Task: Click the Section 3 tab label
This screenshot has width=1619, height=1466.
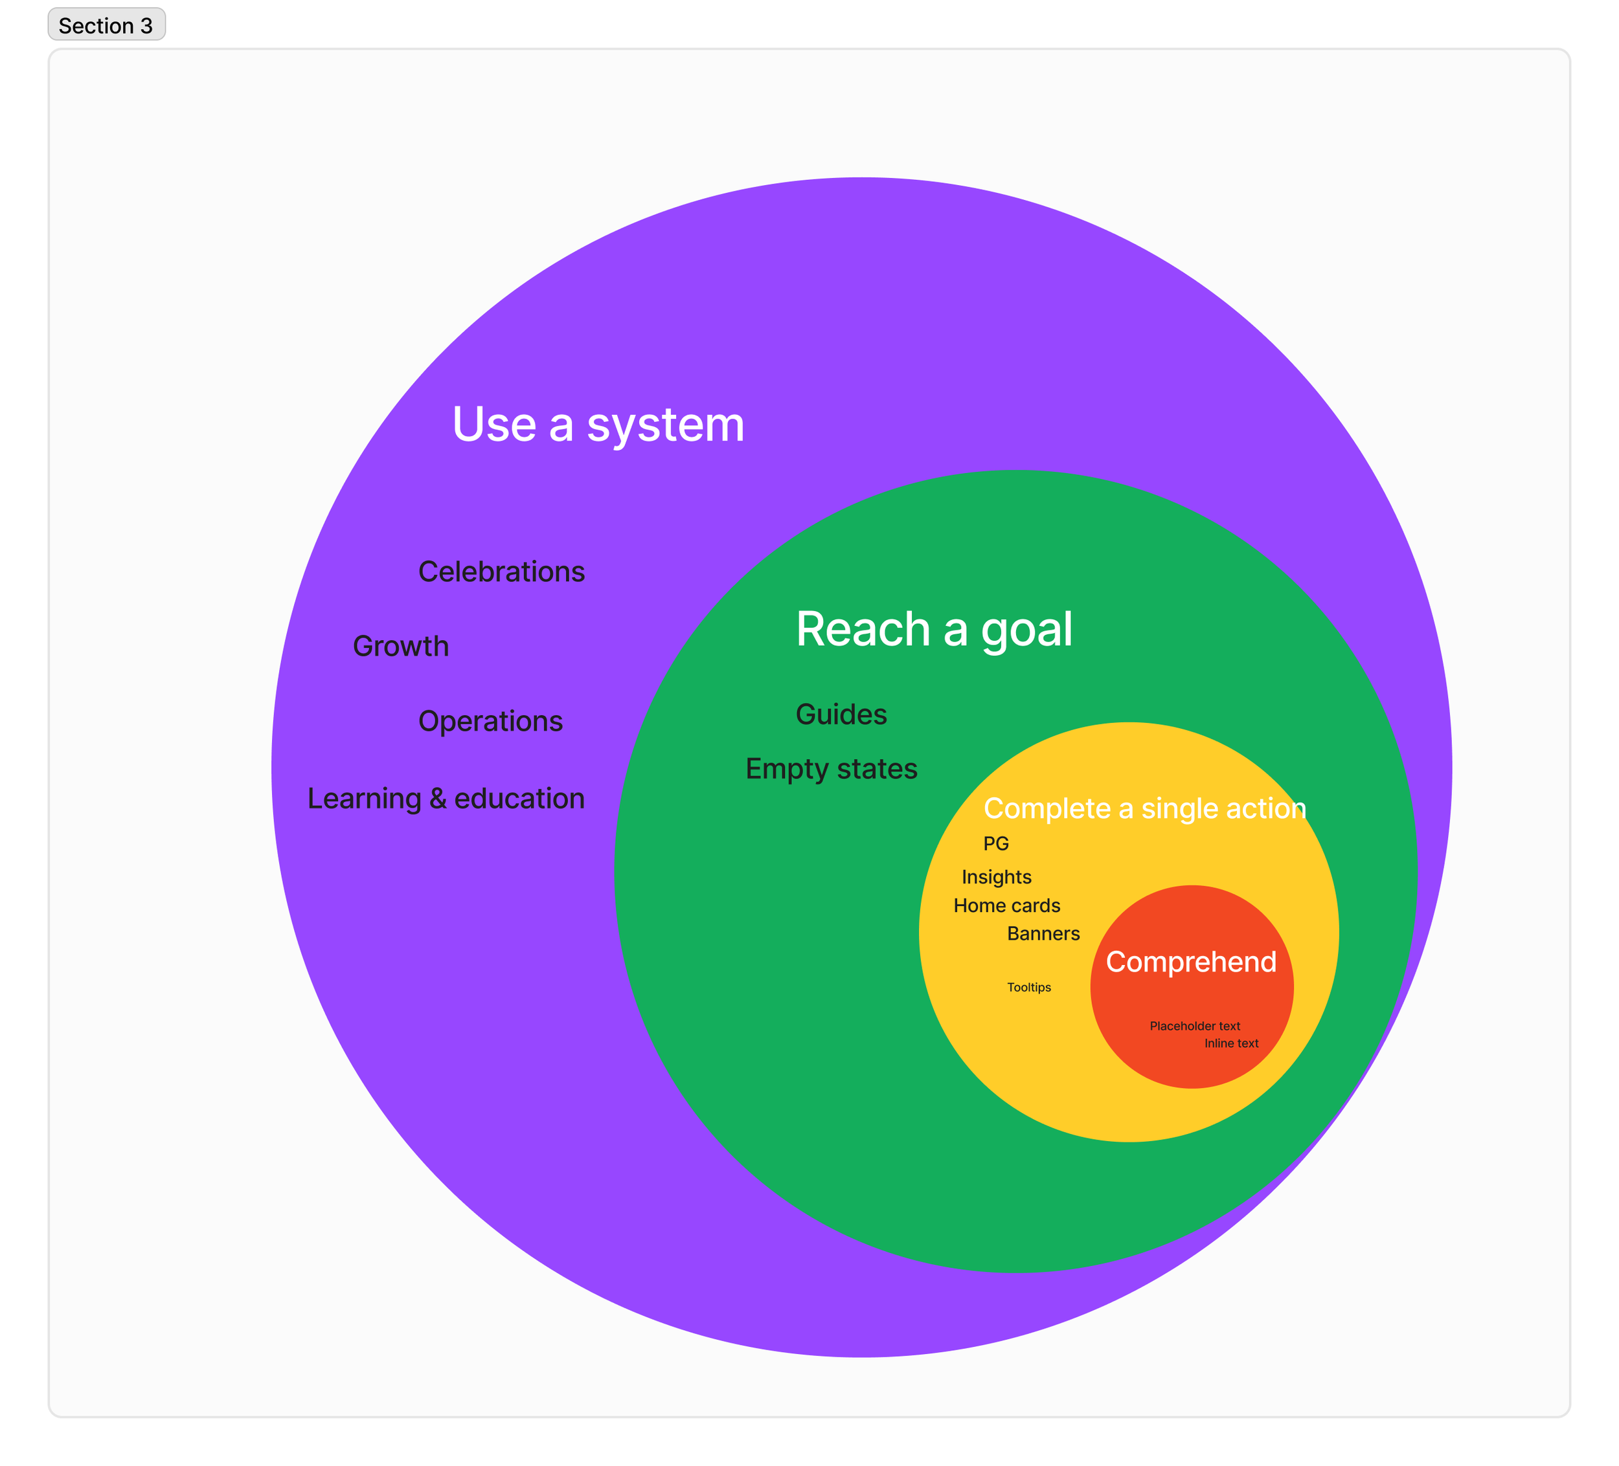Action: pos(106,26)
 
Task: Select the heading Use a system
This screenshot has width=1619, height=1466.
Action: pos(598,425)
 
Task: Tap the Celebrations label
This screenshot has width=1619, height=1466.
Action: pos(501,572)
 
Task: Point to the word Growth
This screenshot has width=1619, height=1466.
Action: pos(401,647)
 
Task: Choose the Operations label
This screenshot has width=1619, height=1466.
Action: pos(490,721)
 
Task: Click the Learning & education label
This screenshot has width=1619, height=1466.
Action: pos(446,799)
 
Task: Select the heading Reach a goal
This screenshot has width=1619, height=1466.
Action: pos(933,628)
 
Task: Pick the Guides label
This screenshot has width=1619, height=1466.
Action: pos(841,715)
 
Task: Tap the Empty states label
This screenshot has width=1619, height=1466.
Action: pos(831,769)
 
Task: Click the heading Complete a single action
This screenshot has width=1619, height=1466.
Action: pos(1144,808)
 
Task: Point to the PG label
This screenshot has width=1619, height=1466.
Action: pos(996,844)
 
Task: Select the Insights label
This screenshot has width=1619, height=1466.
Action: pos(997,878)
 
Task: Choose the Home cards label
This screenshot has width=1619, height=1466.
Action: pos(1007,905)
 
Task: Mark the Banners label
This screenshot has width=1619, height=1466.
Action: pos(1043,934)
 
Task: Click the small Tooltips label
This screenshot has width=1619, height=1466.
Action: pos(1029,988)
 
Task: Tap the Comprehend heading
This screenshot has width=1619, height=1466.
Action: pos(1191,962)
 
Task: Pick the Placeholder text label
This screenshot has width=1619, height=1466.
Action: pos(1195,1026)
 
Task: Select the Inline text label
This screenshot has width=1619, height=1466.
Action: pos(1231,1044)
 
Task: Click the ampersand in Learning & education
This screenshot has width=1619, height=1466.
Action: pos(438,799)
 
